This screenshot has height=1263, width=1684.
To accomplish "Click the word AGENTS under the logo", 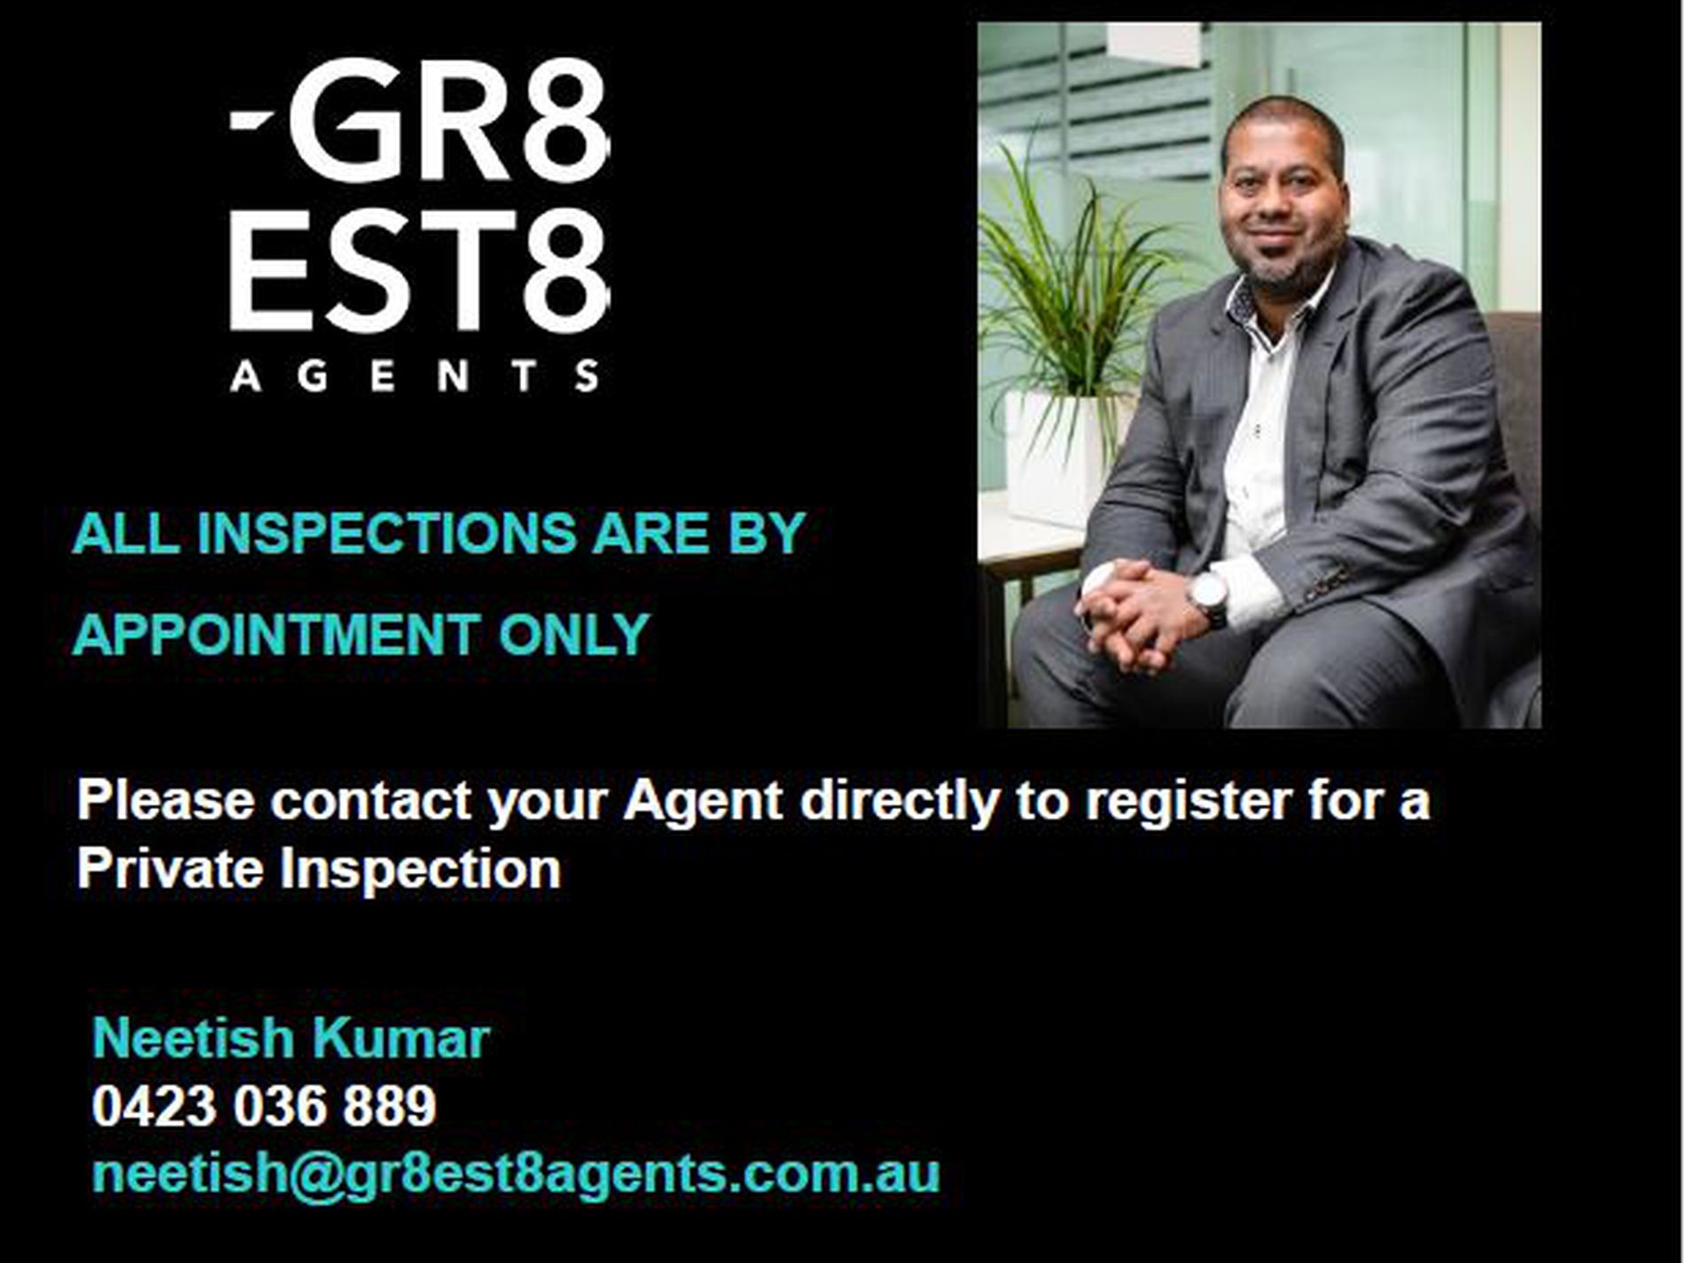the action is tap(415, 376).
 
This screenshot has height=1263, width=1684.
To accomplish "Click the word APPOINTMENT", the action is tap(276, 635).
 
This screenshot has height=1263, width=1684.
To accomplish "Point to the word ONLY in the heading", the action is tap(574, 635).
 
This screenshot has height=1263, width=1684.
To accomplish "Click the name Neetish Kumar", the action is tap(291, 1038).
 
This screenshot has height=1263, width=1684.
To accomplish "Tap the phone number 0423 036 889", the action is tap(264, 1106).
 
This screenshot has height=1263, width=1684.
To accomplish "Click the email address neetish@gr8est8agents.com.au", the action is tap(516, 1174).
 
